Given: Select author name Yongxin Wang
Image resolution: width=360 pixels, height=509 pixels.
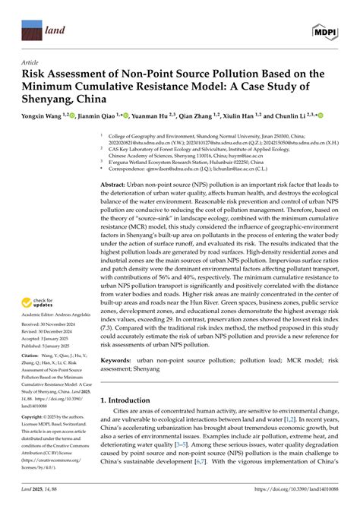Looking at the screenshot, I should click(48, 116).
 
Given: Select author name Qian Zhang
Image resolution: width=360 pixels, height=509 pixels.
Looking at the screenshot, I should click(196, 116).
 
